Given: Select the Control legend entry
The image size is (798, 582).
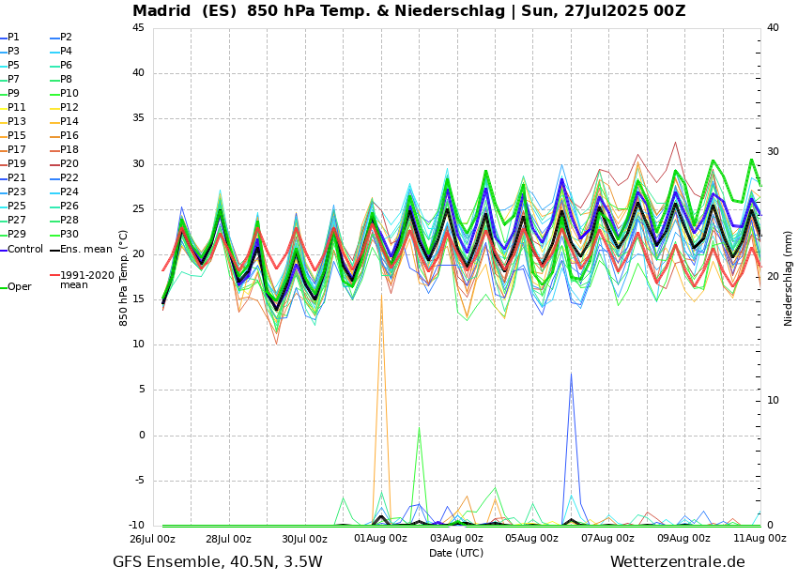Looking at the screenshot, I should pyautogui.click(x=24, y=250).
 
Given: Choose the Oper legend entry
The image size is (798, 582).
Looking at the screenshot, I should pyautogui.click(x=19, y=287).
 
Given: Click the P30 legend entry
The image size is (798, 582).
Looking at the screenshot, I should pyautogui.click(x=69, y=235).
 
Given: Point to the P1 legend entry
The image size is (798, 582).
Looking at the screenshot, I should pyautogui.click(x=13, y=38).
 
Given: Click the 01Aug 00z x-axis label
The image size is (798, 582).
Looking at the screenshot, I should pyautogui.click(x=380, y=539).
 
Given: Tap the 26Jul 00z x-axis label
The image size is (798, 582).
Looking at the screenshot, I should pyautogui.click(x=152, y=539).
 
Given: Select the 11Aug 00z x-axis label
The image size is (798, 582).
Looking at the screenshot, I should pyautogui.click(x=760, y=539).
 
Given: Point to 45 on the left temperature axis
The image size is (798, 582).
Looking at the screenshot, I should pyautogui.click(x=138, y=28).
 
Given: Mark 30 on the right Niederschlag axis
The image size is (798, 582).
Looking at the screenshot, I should pyautogui.click(x=773, y=152).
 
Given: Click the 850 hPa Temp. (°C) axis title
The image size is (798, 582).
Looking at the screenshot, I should pyautogui.click(x=124, y=277).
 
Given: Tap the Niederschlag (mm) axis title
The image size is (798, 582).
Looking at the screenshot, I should pyautogui.click(x=789, y=277).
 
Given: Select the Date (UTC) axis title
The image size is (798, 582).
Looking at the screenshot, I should pyautogui.click(x=456, y=553).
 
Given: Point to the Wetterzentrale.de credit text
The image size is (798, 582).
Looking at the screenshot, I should pyautogui.click(x=677, y=562).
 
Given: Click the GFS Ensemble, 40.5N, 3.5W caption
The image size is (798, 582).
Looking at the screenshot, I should pyautogui.click(x=217, y=562).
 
